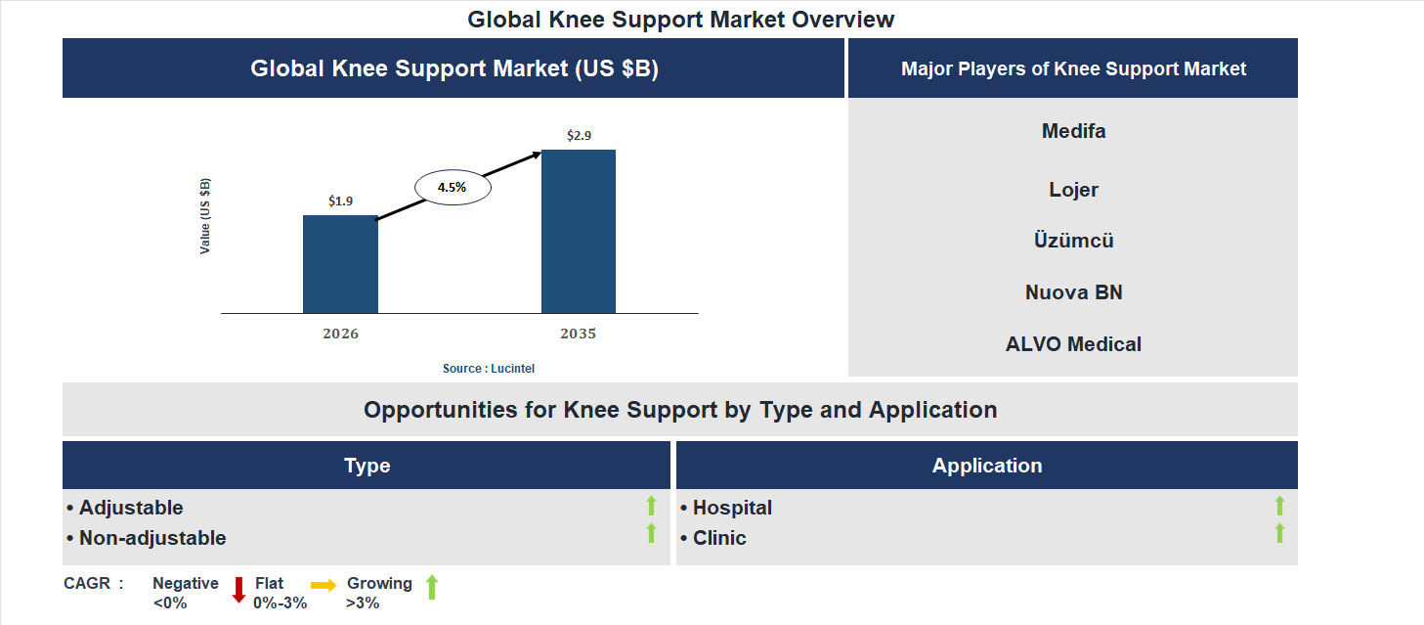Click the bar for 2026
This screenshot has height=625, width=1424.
coord(340,264)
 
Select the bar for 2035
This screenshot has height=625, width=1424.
coord(579,231)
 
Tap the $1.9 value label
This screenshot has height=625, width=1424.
coord(340,201)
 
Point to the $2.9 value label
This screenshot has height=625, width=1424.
coord(579,135)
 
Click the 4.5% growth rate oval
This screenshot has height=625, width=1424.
coord(453,186)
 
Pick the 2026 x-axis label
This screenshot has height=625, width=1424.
coord(340,334)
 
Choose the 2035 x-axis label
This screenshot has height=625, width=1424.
coord(579,334)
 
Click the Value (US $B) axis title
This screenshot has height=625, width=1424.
coord(205,216)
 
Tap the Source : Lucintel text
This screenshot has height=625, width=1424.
coord(489,368)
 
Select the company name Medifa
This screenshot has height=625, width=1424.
coord(1073,131)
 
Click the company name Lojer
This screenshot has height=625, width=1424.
coord(1073,190)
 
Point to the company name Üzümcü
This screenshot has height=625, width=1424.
coord(1073,241)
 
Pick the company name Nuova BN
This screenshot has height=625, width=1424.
coord(1073,292)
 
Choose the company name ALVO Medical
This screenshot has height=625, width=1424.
coord(1073,344)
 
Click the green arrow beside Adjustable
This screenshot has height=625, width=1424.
coord(651,506)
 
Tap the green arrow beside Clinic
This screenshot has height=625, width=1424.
coord(1279,533)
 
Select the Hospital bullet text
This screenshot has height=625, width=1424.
coord(732,508)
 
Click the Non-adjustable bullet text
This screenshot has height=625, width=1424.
coord(151,538)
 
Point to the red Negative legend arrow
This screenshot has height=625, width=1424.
coord(238,590)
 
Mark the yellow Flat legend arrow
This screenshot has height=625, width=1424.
coord(324,585)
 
